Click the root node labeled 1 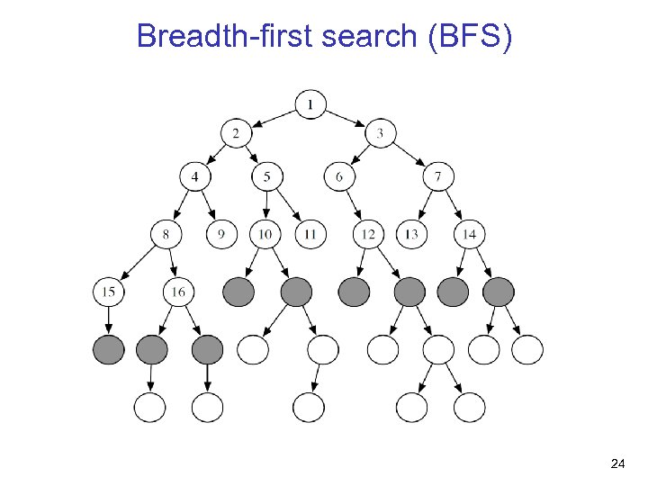point(310,105)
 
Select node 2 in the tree point(236,134)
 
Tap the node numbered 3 point(380,134)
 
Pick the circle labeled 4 point(194,176)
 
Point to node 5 point(266,176)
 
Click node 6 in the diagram point(339,176)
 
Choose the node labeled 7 point(437,176)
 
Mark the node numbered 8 point(166,235)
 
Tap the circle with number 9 point(221,235)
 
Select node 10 point(265,235)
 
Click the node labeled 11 point(310,235)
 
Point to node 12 point(367,235)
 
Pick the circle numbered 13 point(411,235)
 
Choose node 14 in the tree point(469,235)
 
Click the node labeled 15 point(108,292)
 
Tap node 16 point(179,292)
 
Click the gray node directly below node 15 point(108,349)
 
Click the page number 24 point(617,463)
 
